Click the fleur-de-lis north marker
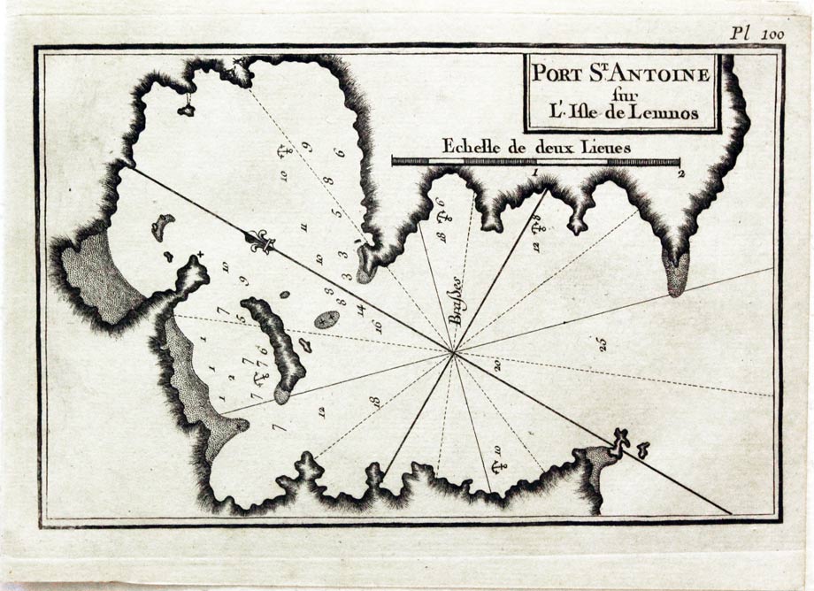point(261,242)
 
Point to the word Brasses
point(457,307)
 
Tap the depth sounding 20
point(497,365)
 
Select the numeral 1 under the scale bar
point(536,174)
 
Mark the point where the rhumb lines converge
point(453,353)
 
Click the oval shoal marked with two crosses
point(326,319)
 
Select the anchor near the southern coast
point(497,464)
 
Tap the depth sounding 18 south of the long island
point(375,403)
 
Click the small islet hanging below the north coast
point(187,110)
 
